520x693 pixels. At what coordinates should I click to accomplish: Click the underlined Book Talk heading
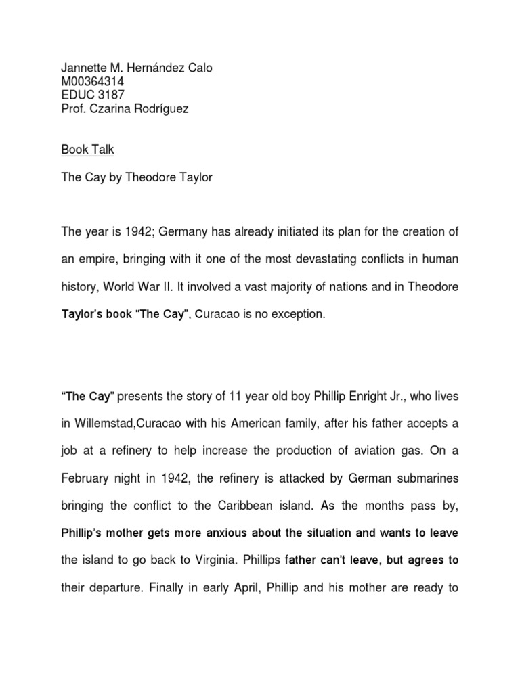coord(87,150)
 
